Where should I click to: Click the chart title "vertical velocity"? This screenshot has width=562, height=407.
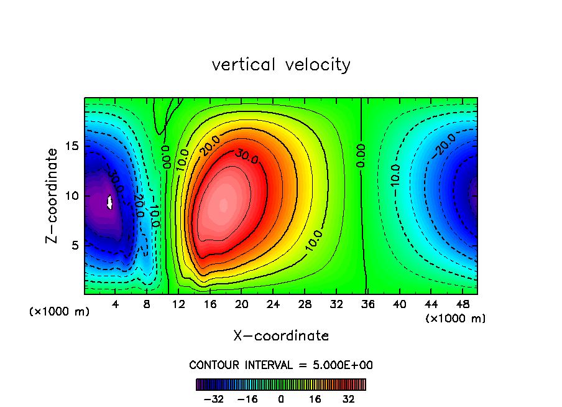click(x=281, y=65)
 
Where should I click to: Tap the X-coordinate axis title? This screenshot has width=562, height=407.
click(x=281, y=336)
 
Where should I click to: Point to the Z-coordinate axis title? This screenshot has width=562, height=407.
click(x=53, y=195)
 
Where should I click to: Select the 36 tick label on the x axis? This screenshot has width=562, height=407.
click(x=367, y=304)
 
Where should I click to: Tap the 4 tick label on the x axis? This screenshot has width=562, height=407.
click(x=116, y=304)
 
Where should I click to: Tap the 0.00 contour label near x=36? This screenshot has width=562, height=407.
click(x=361, y=155)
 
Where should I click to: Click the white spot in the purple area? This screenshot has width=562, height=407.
click(x=110, y=202)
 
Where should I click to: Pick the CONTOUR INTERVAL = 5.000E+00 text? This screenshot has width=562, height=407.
click(x=281, y=365)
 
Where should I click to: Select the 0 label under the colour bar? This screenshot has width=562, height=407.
click(x=281, y=399)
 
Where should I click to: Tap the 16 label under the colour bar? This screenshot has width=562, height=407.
click(x=315, y=399)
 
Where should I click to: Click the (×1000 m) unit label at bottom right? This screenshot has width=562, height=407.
click(x=456, y=319)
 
